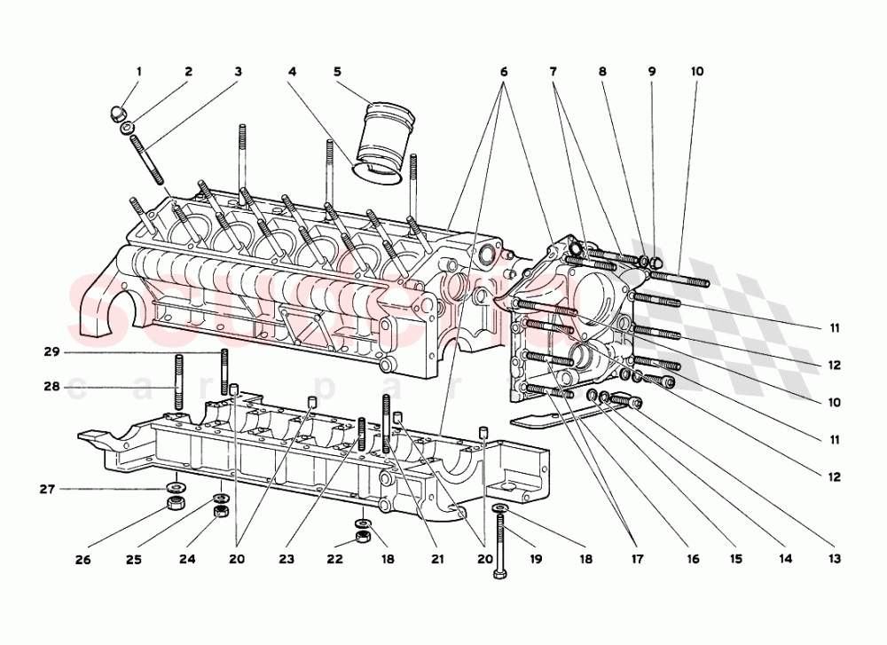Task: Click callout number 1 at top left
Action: [x=138, y=71]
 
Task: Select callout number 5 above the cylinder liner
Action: [x=336, y=71]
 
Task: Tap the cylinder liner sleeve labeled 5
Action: [x=388, y=138]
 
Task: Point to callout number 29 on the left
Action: [x=52, y=352]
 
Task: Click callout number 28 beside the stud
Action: [x=52, y=386]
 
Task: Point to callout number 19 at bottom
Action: [x=537, y=559]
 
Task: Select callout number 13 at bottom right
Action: [x=835, y=559]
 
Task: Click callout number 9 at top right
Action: [x=651, y=71]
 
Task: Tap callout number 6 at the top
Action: [x=504, y=71]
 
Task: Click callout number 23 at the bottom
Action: [x=287, y=559]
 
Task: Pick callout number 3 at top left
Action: [x=238, y=71]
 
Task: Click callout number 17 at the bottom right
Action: [x=636, y=559]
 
